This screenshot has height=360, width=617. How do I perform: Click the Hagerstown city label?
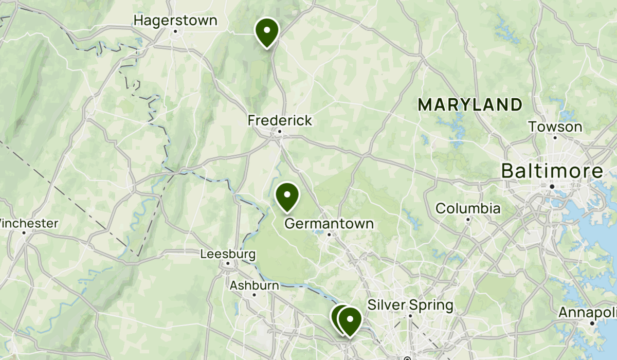click(x=175, y=21)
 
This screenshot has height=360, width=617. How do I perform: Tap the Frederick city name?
click(x=280, y=120)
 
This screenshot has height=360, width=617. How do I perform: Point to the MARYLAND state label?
click(x=470, y=105)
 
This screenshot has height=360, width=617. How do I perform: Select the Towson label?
click(x=555, y=127)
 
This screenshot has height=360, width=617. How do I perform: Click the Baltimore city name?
click(x=552, y=171)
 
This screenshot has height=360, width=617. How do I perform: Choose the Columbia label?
click(x=468, y=208)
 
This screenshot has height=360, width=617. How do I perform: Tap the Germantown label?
click(x=329, y=224)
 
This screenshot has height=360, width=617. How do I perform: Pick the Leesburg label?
click(x=228, y=254)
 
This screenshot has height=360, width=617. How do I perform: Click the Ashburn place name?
click(x=255, y=285)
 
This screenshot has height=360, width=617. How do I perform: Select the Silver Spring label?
click(x=410, y=305)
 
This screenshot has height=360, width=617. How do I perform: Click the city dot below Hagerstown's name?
click(x=175, y=31)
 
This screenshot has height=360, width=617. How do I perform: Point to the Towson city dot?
click(x=555, y=138)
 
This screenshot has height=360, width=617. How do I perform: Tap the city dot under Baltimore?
click(x=552, y=186)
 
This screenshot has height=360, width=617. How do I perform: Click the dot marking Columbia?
click(x=468, y=220)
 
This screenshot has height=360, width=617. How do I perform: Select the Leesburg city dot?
click(x=228, y=265)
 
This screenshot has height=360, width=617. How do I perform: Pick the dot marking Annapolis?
click(x=592, y=323)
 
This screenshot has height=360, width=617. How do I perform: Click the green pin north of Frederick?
click(x=267, y=30)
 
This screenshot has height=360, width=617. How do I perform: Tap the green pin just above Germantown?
click(x=287, y=195)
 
